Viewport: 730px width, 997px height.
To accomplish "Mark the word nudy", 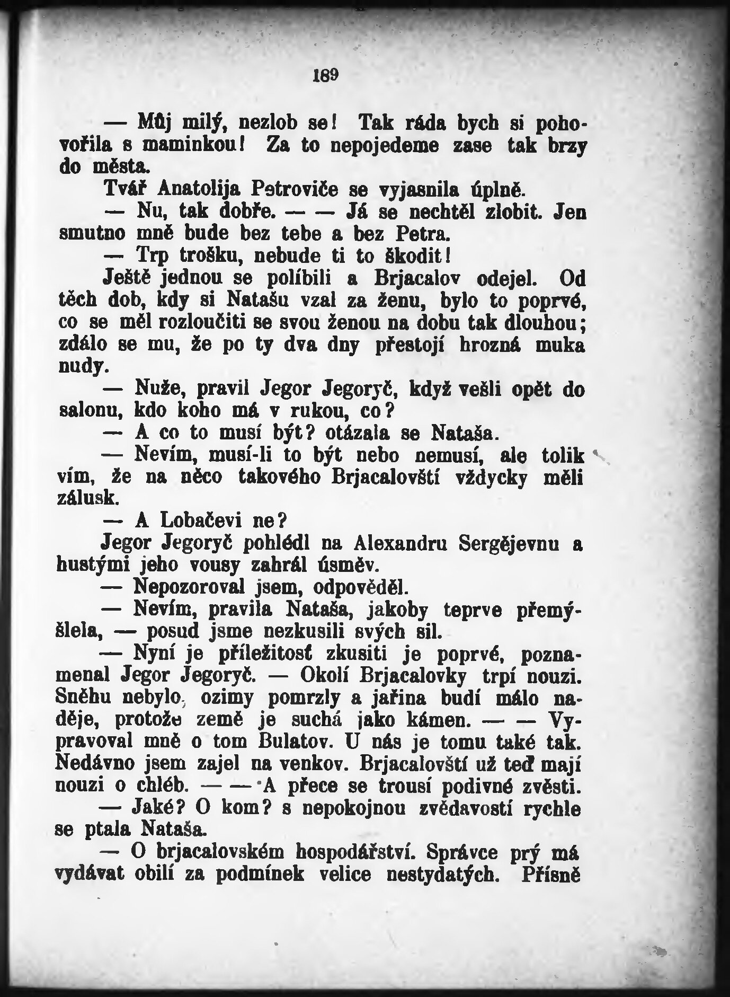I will pyautogui.click(x=83, y=366).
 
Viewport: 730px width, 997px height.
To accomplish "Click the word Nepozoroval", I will pyautogui.click(x=188, y=587).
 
